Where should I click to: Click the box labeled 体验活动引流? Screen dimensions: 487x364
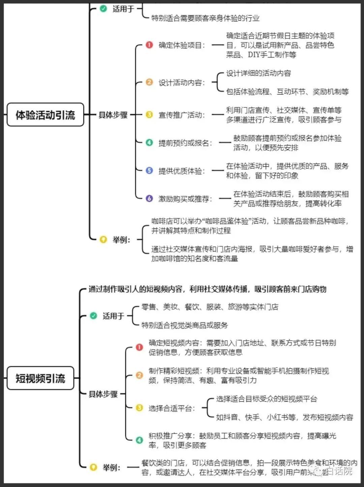click(45, 115)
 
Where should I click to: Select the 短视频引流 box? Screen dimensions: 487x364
click(40, 378)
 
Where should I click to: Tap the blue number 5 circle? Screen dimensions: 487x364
click(149, 170)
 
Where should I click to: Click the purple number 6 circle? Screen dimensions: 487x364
click(149, 198)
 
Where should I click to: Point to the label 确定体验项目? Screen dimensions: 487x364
click(181, 45)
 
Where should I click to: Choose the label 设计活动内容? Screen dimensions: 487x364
click(181, 82)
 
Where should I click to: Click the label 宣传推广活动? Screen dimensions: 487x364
click(181, 115)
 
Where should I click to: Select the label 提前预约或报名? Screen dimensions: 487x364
click(185, 143)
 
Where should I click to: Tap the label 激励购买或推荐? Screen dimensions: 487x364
click(185, 199)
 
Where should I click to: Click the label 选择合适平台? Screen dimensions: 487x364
click(172, 408)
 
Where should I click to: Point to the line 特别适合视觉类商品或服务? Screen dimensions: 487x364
click(184, 325)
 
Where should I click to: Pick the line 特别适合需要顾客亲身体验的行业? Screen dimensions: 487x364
click(205, 18)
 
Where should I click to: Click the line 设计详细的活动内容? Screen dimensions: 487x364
click(259, 73)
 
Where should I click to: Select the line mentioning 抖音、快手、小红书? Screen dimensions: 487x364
click(284, 417)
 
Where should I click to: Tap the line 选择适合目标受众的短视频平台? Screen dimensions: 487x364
click(267, 399)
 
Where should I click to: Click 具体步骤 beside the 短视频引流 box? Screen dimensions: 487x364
click(103, 394)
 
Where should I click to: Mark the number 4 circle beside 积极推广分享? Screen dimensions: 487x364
click(139, 440)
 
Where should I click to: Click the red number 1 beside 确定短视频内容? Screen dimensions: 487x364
click(139, 347)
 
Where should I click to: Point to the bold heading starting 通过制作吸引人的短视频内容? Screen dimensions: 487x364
click(207, 289)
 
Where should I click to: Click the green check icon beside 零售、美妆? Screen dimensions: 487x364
click(93, 316)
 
